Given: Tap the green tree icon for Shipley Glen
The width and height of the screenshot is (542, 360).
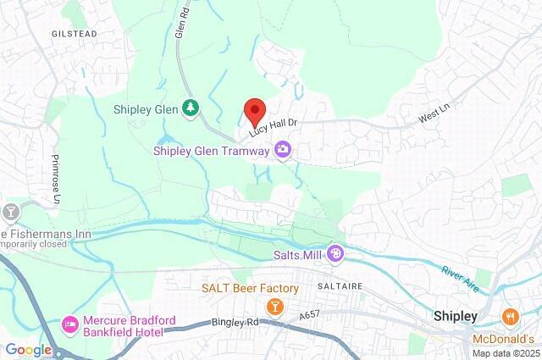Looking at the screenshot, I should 192,108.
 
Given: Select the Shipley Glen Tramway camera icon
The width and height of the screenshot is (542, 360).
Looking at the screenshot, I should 282,151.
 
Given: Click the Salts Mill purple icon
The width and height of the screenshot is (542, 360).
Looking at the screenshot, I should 336,252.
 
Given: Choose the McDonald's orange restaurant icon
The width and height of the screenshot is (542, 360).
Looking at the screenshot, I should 510,317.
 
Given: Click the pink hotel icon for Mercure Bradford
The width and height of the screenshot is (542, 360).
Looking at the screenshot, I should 71,324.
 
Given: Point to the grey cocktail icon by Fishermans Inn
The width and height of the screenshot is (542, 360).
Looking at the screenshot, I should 12,210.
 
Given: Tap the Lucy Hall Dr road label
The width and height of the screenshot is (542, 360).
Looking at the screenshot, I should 274,123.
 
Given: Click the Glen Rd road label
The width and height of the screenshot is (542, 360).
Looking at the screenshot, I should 180,19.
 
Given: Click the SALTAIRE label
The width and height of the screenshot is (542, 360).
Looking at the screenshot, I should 340,287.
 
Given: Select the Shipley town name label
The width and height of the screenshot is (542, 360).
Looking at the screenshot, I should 456,316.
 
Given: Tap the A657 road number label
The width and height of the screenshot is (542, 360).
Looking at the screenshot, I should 312,316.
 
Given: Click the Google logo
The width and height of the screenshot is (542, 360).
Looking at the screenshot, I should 28,349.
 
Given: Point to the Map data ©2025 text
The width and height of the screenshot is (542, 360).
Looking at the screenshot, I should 505,353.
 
